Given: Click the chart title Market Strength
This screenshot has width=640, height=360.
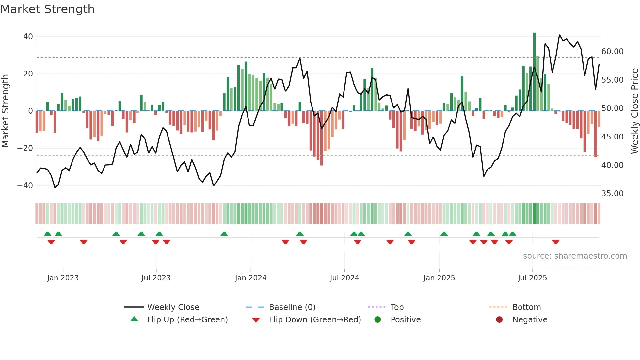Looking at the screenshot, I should (48, 9).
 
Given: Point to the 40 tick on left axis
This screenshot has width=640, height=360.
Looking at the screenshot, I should (28, 37).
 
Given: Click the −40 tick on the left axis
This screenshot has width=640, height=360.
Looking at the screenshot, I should (25, 186).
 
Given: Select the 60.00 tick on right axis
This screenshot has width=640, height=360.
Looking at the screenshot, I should (612, 52).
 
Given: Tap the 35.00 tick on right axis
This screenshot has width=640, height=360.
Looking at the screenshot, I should (612, 194).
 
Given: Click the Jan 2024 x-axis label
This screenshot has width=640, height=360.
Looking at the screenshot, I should (251, 278).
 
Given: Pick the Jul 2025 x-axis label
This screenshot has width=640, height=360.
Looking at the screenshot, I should (532, 278).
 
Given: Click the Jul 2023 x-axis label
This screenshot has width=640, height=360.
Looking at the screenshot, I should (156, 278).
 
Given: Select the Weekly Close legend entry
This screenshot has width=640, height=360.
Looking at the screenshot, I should (173, 307).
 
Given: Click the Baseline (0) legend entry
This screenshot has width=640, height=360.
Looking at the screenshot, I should (292, 307).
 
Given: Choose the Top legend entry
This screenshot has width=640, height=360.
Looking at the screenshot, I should (397, 307).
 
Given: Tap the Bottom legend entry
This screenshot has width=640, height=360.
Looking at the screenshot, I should (526, 307).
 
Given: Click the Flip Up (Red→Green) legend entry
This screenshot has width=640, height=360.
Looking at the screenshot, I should (187, 320).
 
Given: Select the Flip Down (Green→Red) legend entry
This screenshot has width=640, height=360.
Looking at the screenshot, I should (315, 320).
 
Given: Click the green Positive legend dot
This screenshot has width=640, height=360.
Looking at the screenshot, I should (378, 320).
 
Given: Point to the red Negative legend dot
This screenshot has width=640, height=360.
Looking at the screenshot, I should (499, 320).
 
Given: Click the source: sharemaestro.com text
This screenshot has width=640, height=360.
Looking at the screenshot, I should (575, 256).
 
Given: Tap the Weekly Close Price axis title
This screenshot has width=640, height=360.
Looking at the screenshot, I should (634, 111).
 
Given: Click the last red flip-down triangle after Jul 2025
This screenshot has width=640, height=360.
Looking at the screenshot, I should (556, 242).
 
